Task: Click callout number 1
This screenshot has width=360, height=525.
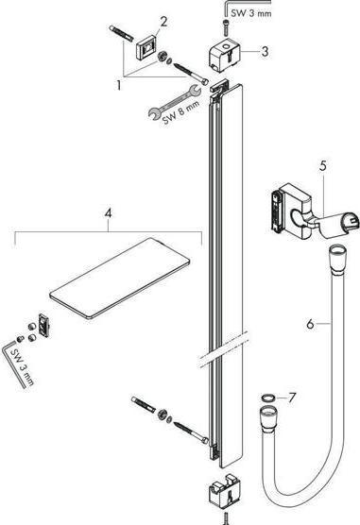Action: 119,84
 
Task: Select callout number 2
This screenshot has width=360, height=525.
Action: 163,22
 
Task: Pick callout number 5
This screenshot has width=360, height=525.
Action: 322,165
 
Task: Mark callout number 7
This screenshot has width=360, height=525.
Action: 291,398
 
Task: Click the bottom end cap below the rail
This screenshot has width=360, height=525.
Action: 223,496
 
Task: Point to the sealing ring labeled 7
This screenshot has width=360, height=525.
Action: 267,398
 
